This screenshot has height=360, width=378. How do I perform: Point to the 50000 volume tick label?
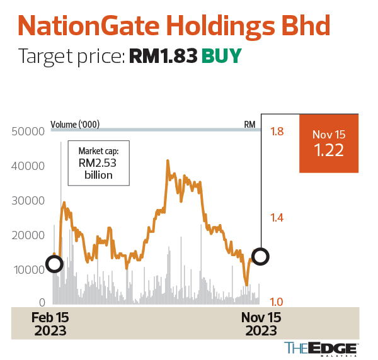[x=28, y=132]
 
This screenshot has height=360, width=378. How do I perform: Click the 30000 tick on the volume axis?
[x=28, y=201]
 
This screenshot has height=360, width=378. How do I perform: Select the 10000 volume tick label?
[x=28, y=269]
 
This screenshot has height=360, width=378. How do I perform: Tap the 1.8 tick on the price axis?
[x=277, y=132]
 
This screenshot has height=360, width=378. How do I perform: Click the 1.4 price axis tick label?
[x=277, y=218]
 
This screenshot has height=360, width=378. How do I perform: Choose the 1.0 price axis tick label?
[x=277, y=303]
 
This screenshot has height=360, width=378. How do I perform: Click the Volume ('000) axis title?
[x=75, y=124]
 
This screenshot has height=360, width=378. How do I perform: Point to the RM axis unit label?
[x=249, y=124]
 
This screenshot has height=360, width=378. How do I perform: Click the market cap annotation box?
[x=98, y=163]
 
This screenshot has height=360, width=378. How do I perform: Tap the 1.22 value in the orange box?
[x=328, y=151]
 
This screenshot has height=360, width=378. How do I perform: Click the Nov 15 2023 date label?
[x=261, y=324]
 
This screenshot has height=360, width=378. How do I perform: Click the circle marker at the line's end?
[x=260, y=256]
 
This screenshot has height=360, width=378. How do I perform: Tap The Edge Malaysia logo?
[x=321, y=347]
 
